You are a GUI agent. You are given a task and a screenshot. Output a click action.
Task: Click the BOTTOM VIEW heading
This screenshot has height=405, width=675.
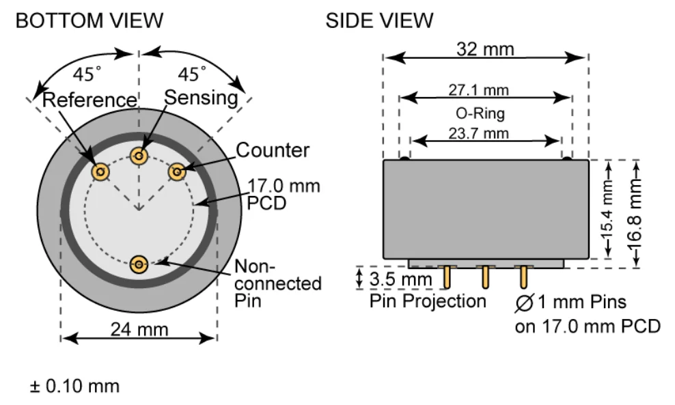coord(89,20)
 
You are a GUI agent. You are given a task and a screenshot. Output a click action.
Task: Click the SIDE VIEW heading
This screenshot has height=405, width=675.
coord(379,20)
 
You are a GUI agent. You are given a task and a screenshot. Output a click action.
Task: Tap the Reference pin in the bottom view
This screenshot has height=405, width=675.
coord(101,172)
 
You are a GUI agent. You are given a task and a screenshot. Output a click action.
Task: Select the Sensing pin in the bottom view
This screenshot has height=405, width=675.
coord(139,157)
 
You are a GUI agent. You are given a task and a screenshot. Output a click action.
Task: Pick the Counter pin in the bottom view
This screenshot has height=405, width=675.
coord(178,171)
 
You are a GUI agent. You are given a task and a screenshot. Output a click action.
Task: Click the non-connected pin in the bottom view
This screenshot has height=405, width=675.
coord(139,264)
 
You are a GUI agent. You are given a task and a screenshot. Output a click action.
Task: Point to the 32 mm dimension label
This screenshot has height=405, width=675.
coord(485,49)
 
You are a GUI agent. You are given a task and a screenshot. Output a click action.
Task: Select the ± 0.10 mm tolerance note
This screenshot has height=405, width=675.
coord(74,387)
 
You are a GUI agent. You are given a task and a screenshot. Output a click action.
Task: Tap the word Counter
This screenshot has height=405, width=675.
coord(273,150)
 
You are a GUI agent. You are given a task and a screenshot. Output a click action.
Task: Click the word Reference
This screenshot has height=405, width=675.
coord(89,100)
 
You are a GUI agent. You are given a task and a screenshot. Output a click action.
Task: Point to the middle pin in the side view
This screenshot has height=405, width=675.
coord(485,277)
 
